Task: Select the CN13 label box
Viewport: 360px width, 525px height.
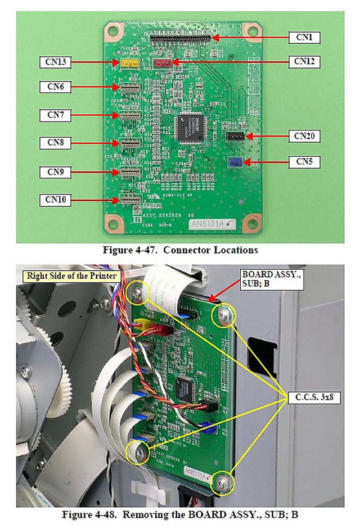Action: [55, 62]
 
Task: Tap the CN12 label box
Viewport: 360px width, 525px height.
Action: [304, 61]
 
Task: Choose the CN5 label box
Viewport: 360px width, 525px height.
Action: [304, 162]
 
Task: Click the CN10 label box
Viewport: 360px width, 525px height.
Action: [55, 200]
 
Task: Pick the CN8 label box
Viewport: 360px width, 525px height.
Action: [55, 143]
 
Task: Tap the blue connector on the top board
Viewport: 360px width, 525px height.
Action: [235, 162]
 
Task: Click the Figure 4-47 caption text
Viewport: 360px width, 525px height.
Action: [181, 250]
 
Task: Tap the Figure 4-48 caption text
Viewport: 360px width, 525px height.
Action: [181, 515]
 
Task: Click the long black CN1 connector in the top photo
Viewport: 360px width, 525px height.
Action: [181, 38]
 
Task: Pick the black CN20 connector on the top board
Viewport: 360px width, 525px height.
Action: [235, 136]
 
